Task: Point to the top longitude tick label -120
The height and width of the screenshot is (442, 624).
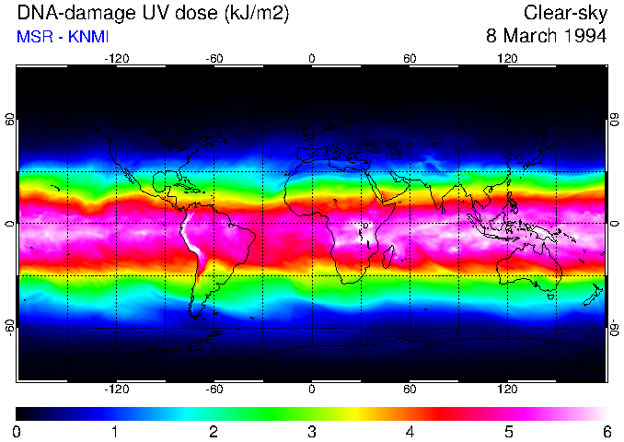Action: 116,59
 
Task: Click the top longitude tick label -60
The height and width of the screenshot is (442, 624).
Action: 214,59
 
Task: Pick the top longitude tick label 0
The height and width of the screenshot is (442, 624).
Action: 312,59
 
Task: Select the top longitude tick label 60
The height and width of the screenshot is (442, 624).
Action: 410,59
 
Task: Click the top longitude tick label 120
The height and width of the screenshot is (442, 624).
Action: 507,59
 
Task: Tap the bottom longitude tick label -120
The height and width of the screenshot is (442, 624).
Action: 116,390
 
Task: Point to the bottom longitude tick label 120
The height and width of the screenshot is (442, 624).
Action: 507,390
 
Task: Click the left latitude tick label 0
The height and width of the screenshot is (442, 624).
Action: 10,223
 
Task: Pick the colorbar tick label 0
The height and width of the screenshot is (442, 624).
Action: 17,430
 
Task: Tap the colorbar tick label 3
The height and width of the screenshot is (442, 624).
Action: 312,430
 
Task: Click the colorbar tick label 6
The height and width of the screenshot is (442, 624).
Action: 606,430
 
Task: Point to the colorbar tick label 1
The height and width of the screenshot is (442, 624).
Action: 116,430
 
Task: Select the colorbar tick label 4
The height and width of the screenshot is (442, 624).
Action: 410,430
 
